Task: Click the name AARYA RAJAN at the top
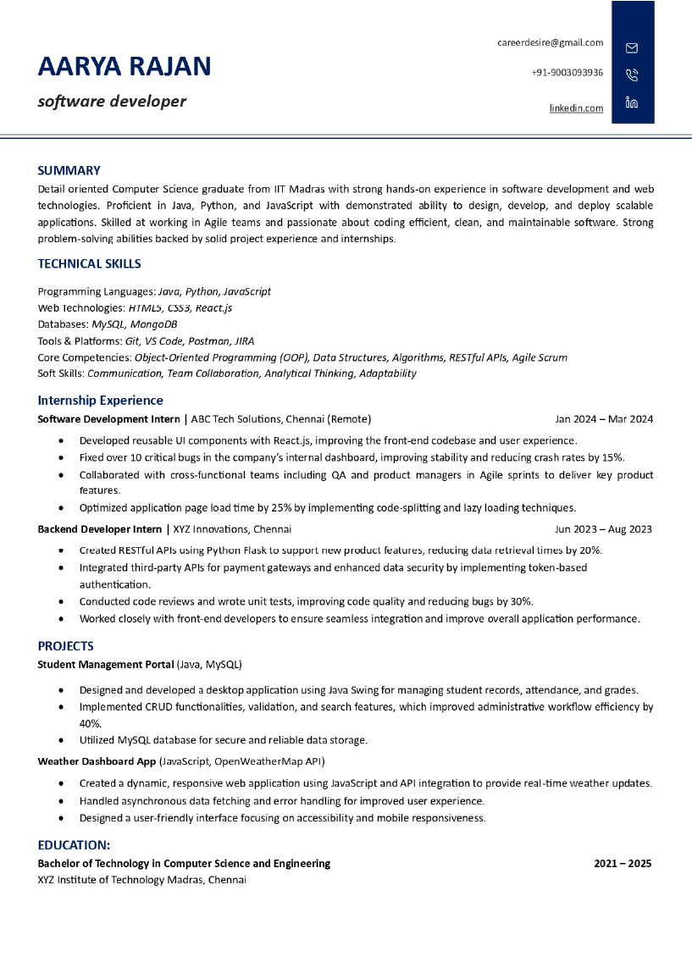[x=125, y=66]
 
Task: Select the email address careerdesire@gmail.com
[x=550, y=42]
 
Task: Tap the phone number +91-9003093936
[x=567, y=73]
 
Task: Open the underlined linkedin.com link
[x=576, y=108]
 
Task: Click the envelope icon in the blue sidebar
[x=632, y=47]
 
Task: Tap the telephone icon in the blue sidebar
[x=632, y=75]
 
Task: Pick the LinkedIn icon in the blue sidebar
[x=632, y=102]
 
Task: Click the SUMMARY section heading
[x=69, y=170]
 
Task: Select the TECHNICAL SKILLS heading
[x=89, y=263]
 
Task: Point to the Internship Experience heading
[x=100, y=400]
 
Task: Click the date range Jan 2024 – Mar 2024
[x=604, y=418]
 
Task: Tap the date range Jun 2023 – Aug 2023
[x=603, y=529]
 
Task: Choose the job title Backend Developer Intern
[x=99, y=529]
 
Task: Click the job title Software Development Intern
[x=108, y=418]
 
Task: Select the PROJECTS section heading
[x=65, y=646]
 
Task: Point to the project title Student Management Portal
[x=106, y=664]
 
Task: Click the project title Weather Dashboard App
[x=97, y=761]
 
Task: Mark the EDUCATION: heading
[x=74, y=845]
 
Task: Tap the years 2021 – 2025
[x=623, y=864]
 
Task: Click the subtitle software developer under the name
[x=112, y=102]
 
